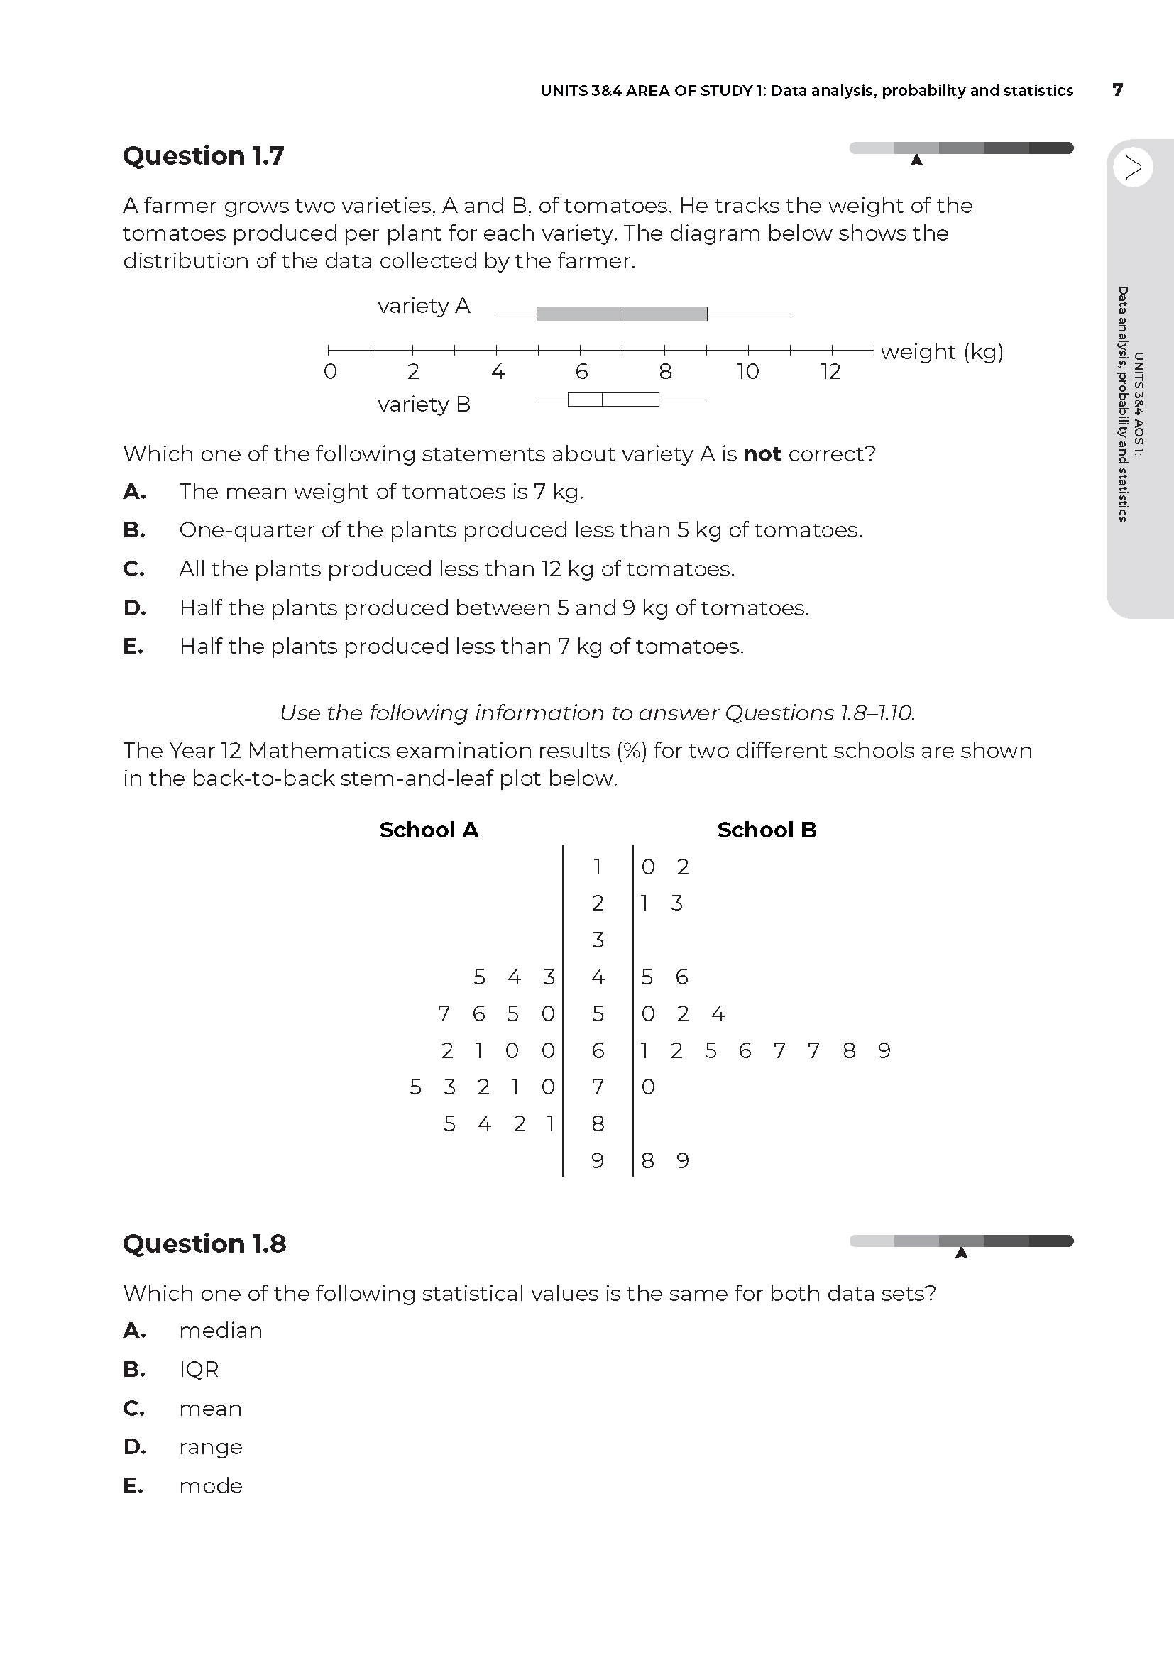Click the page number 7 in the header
(x=1118, y=90)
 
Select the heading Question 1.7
(x=203, y=156)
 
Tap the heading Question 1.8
(x=204, y=1243)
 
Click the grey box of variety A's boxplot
(x=622, y=314)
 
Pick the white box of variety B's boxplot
(x=613, y=399)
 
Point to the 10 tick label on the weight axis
(x=747, y=372)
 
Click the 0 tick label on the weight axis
(x=329, y=372)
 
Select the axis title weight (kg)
(x=941, y=352)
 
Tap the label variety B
(x=424, y=404)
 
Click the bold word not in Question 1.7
(x=762, y=454)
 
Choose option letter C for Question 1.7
(x=133, y=569)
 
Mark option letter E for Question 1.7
(x=133, y=647)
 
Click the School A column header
(x=429, y=830)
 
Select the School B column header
(x=767, y=830)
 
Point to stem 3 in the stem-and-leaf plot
(x=598, y=940)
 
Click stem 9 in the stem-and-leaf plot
(x=598, y=1160)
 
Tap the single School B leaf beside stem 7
(x=649, y=1087)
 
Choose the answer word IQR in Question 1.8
(x=199, y=1369)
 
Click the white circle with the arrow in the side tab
(x=1133, y=167)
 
